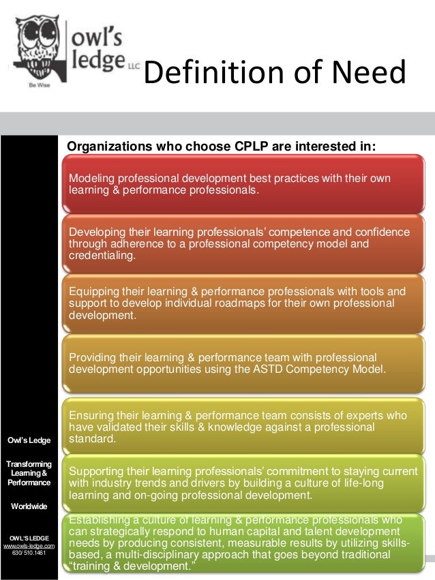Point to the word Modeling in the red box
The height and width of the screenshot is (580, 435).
(x=91, y=179)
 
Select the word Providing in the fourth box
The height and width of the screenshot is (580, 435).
(x=93, y=358)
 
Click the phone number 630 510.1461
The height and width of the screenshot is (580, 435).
(x=29, y=553)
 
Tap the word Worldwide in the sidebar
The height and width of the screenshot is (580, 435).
(x=29, y=506)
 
